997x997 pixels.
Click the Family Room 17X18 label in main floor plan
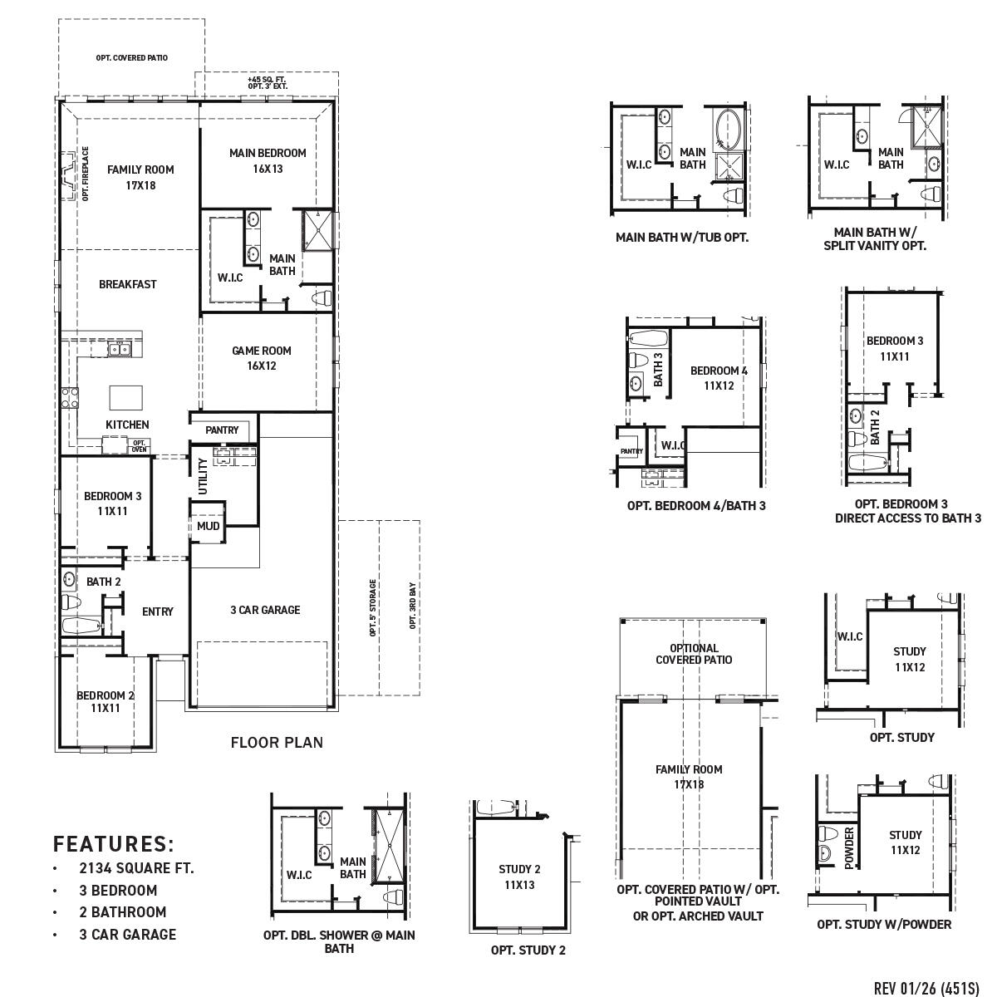(140, 177)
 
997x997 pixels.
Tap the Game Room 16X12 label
(261, 358)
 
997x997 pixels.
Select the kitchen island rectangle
(125, 396)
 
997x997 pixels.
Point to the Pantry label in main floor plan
(222, 430)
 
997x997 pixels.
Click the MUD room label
(208, 526)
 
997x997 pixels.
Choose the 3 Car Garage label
(265, 610)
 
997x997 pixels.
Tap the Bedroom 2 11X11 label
(106, 701)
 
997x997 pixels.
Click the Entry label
(157, 611)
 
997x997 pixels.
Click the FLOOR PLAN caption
(277, 742)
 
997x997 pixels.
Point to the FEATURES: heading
(114, 844)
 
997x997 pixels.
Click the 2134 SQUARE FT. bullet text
(136, 868)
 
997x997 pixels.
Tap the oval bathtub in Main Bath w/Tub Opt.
(729, 130)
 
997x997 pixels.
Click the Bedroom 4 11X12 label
(719, 377)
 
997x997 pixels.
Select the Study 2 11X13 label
(519, 877)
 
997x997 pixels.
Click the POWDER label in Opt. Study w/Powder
(849, 847)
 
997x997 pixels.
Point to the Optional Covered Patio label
(694, 654)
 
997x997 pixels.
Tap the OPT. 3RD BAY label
(412, 607)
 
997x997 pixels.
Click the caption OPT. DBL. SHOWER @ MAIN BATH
(339, 941)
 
